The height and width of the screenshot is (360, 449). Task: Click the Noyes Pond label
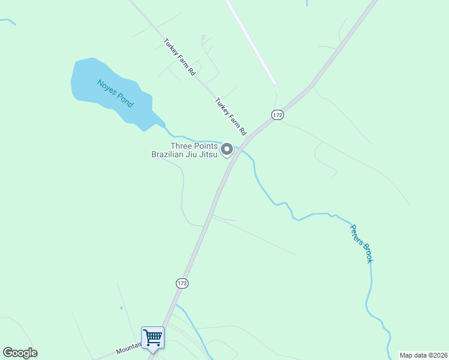coord(115,92)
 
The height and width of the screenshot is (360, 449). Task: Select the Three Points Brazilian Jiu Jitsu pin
coord(227,149)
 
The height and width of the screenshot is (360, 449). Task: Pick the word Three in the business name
coord(183,146)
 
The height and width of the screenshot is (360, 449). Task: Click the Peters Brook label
coord(362,243)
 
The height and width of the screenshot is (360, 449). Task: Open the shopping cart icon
coord(152,337)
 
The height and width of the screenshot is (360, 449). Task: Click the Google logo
coord(20,353)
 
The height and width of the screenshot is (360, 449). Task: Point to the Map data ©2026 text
coord(423,355)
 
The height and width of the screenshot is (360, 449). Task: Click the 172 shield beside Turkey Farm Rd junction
coord(277,115)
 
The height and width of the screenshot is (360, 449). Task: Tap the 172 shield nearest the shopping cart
coord(182,283)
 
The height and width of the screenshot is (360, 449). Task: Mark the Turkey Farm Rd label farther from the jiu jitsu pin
coord(179,56)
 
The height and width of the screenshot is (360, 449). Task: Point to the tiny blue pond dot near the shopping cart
coord(121,308)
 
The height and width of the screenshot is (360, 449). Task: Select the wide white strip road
coord(251,42)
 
